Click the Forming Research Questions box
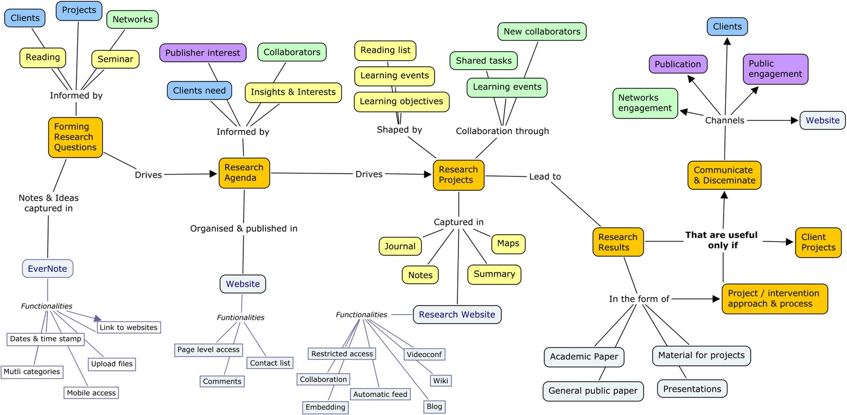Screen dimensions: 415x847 (75, 137)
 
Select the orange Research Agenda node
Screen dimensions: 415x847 (244, 173)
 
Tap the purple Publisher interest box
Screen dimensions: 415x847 (202, 53)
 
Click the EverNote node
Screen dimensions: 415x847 (48, 269)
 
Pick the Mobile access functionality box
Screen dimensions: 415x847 (91, 393)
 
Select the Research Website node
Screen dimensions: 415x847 (457, 315)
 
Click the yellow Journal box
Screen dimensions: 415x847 (400, 246)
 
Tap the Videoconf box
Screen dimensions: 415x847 (424, 354)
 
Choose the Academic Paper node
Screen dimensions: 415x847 (584, 357)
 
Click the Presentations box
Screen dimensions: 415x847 (692, 389)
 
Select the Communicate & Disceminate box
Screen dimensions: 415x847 (724, 176)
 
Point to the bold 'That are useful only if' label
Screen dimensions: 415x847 (722, 240)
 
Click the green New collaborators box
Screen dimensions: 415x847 (542, 32)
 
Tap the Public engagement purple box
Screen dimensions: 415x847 (775, 69)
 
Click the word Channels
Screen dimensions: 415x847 (724, 121)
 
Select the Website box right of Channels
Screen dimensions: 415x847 (822, 121)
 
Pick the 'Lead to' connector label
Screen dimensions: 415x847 (545, 177)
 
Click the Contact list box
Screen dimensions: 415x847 (270, 363)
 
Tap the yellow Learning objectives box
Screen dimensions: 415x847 (401, 102)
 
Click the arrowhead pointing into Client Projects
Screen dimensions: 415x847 (789, 242)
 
